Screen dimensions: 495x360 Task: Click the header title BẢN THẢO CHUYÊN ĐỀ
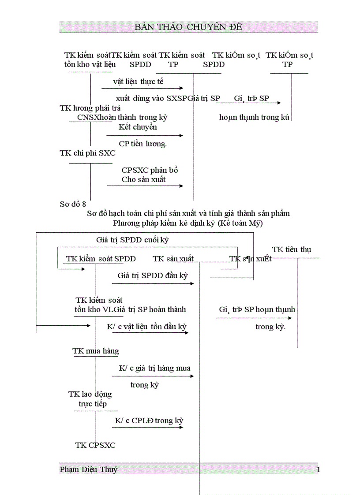point(188,27)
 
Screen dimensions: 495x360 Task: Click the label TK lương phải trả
point(90,108)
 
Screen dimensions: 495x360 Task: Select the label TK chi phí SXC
point(88,153)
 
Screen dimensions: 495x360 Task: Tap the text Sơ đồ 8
point(73,204)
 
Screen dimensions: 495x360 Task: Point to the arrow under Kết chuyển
point(144,135)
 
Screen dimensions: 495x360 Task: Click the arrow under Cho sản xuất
point(145,186)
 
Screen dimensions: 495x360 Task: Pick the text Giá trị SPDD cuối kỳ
point(132,240)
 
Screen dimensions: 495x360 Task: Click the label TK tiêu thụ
point(291,249)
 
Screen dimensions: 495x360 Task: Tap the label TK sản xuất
point(173,259)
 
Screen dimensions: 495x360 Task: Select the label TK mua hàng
point(96,351)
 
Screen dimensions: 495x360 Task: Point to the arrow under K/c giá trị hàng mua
point(153,376)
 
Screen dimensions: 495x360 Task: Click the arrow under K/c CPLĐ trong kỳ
point(147,427)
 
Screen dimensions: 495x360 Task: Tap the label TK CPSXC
point(95,445)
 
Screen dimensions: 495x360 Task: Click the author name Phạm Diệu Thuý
point(89,469)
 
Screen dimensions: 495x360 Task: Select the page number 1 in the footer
point(319,469)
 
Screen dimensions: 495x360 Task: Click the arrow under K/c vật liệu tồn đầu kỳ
point(150,333)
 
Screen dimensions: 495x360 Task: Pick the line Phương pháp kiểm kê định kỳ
point(188,223)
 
